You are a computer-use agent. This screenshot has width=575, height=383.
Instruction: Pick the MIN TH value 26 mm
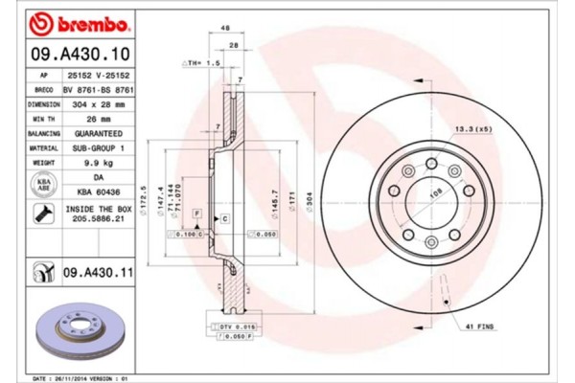(100, 120)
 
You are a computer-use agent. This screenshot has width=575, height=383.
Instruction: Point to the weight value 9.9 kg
(100, 163)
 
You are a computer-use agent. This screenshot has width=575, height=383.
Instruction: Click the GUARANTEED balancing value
(100, 134)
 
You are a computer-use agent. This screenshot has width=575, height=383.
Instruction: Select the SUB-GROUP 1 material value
(100, 148)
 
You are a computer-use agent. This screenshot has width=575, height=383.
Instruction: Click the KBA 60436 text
(100, 192)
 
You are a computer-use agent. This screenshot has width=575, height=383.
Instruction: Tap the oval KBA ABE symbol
(44, 185)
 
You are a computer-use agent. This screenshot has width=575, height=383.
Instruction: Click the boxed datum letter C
(223, 219)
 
